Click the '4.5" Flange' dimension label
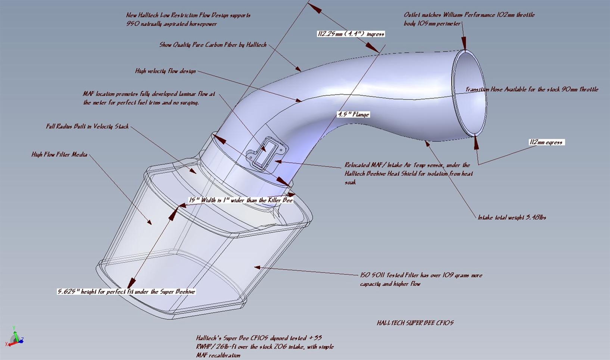353,115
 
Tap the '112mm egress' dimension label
546,142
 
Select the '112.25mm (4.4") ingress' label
351,34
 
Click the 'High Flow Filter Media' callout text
59,154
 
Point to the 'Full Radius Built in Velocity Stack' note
87,126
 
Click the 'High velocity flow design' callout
165,71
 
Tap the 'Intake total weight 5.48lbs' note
512,217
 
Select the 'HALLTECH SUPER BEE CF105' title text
415,323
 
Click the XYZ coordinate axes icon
15,337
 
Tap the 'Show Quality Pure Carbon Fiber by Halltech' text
213,45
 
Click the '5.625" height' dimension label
126,291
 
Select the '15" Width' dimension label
240,200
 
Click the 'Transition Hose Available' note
532,90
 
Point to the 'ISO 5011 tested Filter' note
421,279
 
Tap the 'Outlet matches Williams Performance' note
469,19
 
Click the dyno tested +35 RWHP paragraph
265,347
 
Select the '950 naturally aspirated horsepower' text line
171,24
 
